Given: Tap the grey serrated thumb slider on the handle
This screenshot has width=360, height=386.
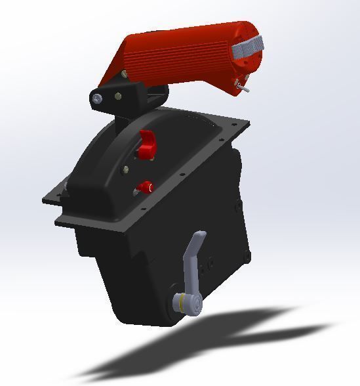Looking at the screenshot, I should (x=248, y=48).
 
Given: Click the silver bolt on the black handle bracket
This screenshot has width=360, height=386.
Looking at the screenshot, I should (x=97, y=98).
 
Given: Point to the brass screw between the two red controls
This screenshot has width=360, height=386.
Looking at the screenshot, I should (x=126, y=170).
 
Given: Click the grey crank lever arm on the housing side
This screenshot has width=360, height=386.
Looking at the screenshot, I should (x=191, y=263).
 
